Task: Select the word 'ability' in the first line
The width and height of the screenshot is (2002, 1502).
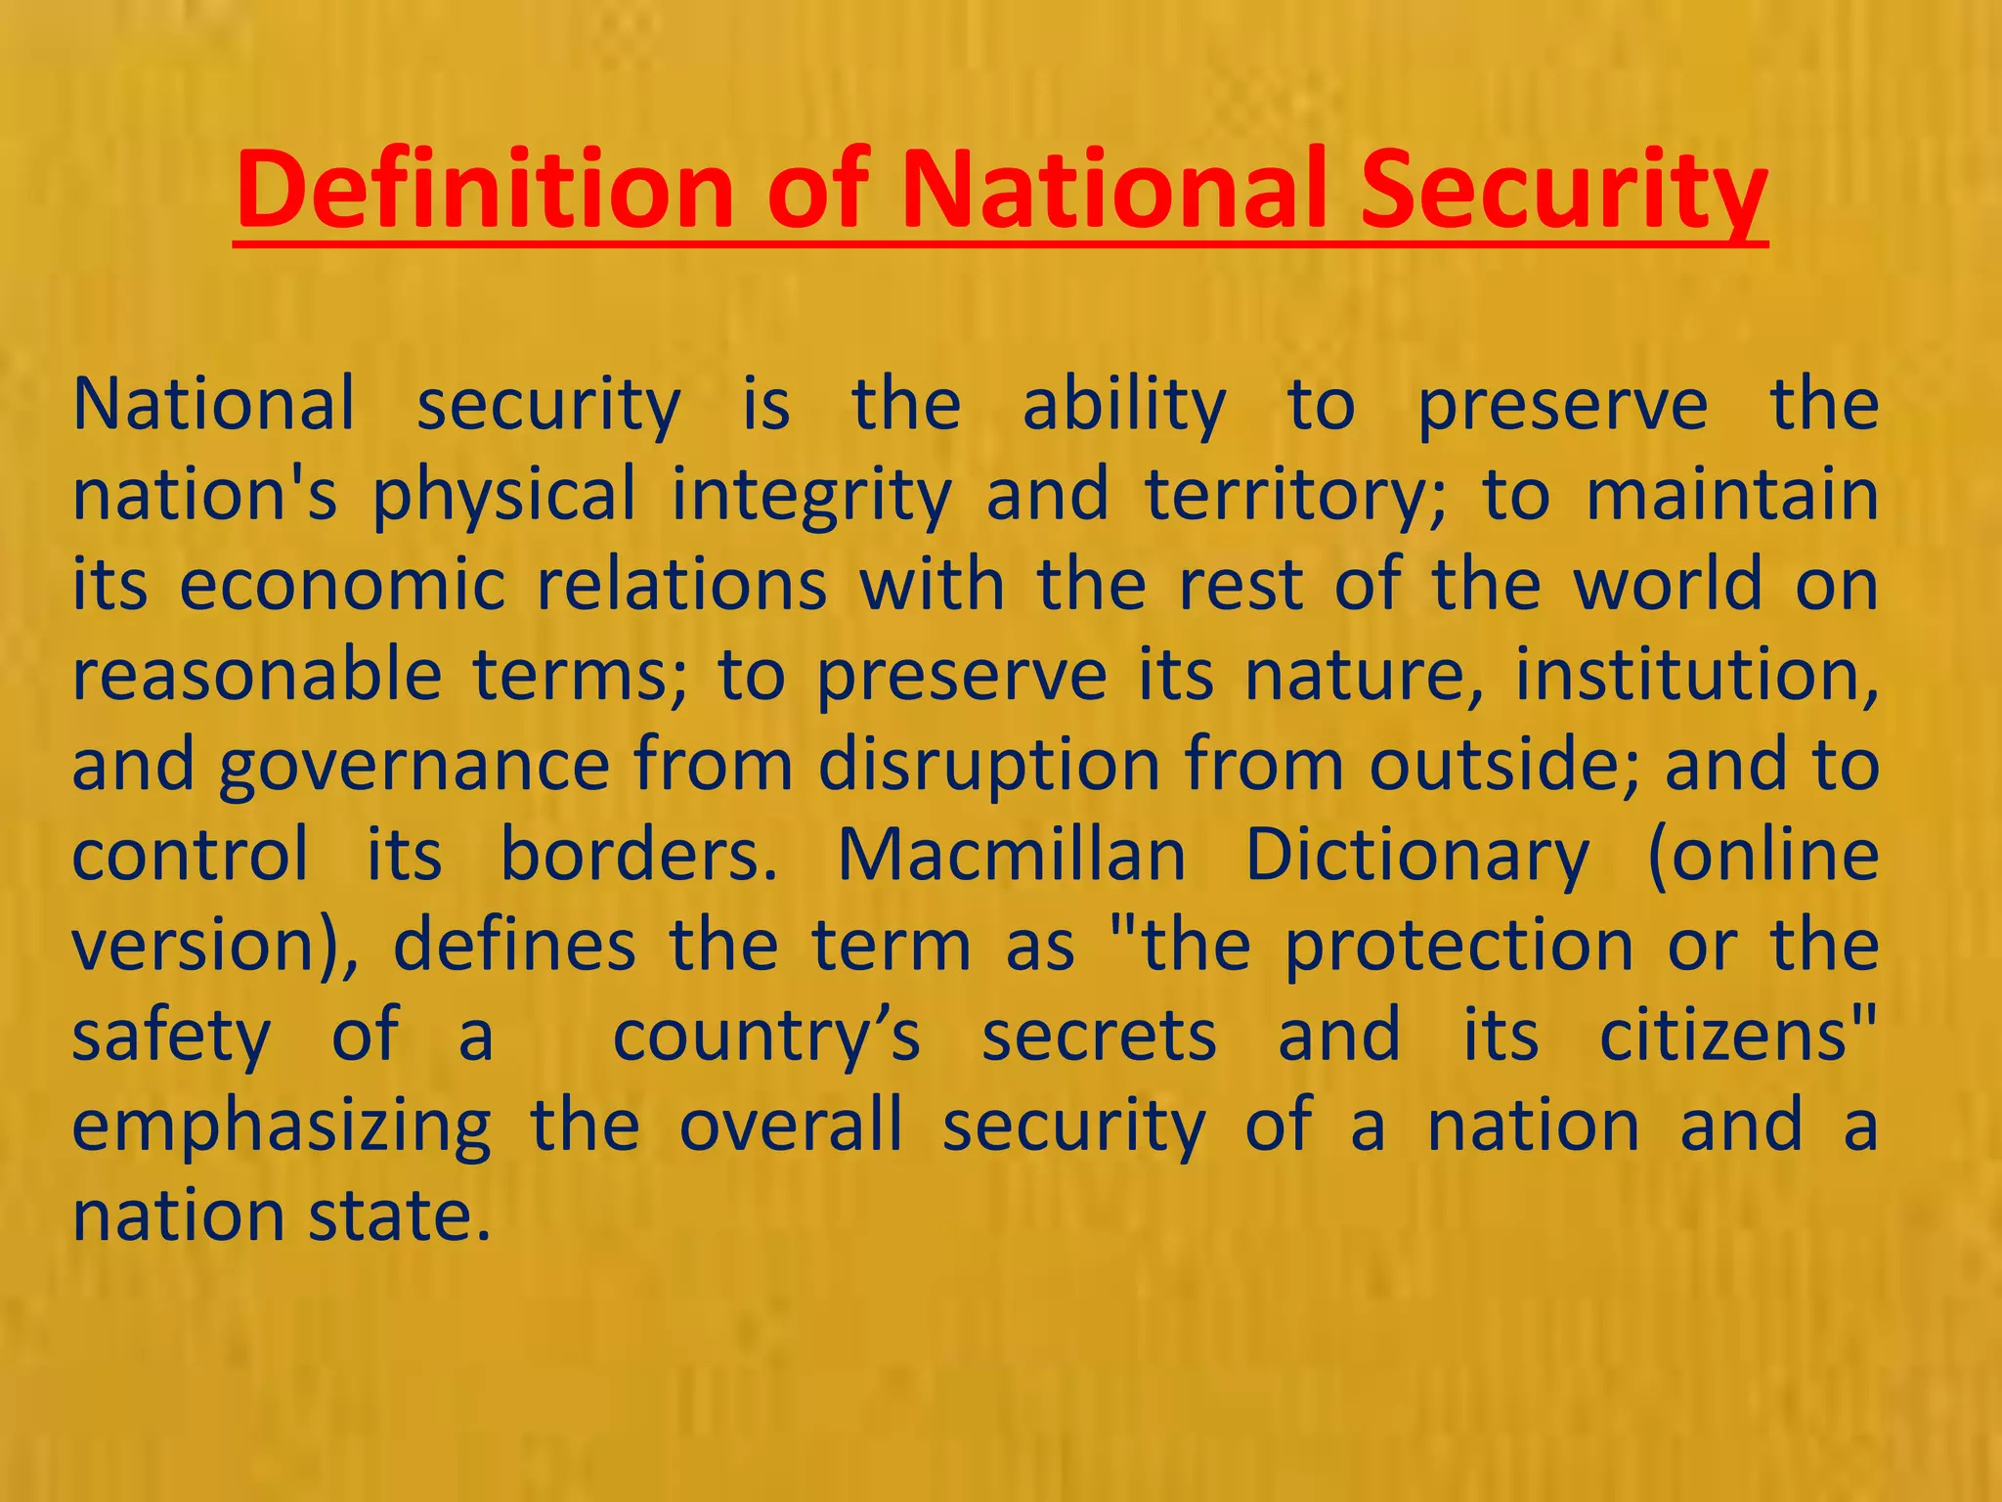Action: (x=1124, y=405)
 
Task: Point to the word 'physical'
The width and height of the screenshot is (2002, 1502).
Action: (x=503, y=495)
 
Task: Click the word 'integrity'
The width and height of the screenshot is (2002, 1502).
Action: (x=811, y=495)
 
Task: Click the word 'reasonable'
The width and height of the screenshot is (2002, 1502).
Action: (x=257, y=675)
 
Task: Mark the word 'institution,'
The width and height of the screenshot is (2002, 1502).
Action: (x=1696, y=675)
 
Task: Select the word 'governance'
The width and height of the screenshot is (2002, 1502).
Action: (x=414, y=766)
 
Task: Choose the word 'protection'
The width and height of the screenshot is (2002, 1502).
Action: (x=1458, y=946)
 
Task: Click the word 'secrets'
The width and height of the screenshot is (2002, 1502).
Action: (x=1099, y=1036)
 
